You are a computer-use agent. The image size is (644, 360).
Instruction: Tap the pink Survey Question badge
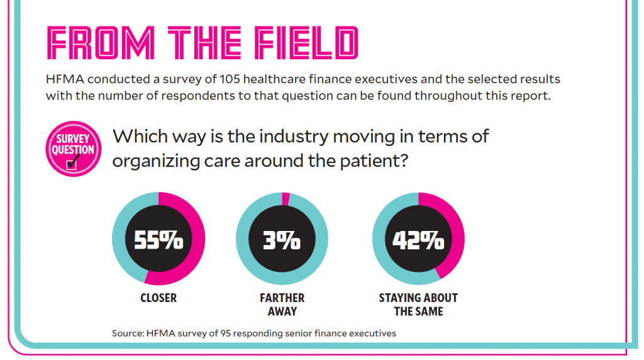click(74, 150)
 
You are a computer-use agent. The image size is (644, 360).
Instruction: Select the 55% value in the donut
click(158, 241)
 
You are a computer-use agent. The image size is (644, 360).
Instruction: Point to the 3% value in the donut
click(281, 241)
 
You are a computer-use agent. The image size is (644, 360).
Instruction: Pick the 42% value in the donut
click(418, 241)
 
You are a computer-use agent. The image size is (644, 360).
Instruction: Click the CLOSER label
click(158, 298)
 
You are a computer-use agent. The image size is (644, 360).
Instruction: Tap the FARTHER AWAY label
click(282, 305)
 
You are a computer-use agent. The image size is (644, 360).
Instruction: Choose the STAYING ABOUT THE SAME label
click(418, 305)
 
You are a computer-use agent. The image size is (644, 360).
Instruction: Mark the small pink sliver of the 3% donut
click(286, 200)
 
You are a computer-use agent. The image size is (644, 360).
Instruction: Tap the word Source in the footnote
click(128, 333)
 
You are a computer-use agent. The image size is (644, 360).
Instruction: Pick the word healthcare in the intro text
click(275, 80)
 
